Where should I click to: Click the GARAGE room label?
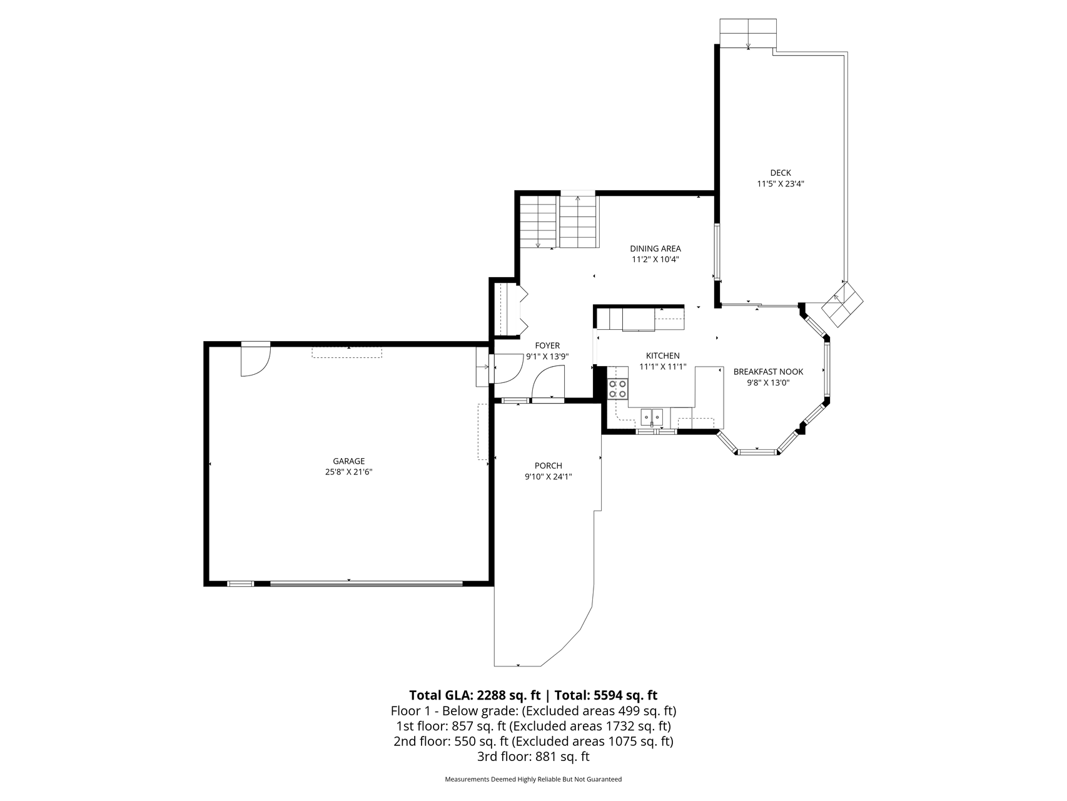click(x=348, y=461)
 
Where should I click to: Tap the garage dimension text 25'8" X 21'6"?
click(x=348, y=472)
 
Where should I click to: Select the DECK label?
click(x=781, y=173)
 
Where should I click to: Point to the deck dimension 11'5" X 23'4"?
click(x=781, y=184)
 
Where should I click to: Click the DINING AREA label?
click(x=655, y=248)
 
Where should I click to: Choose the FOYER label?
click(x=547, y=345)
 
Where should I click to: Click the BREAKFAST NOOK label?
click(x=768, y=372)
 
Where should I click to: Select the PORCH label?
click(x=549, y=466)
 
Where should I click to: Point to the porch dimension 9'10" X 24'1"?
click(x=549, y=477)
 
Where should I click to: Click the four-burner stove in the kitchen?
click(x=618, y=389)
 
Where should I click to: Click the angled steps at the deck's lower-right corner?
click(x=842, y=304)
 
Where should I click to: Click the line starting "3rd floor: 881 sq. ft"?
click(x=533, y=757)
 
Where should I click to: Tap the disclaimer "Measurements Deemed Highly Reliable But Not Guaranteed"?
click(x=533, y=780)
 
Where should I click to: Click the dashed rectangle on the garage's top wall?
click(x=347, y=352)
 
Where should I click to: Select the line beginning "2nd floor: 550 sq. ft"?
click(x=533, y=742)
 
